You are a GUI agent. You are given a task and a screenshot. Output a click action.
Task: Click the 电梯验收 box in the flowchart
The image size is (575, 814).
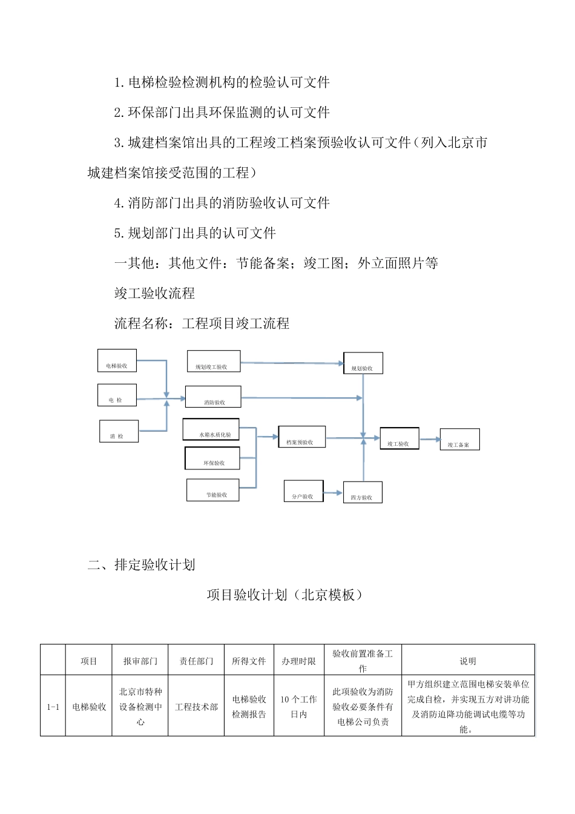click(117, 361)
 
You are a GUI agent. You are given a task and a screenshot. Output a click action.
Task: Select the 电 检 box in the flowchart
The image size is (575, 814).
click(117, 395)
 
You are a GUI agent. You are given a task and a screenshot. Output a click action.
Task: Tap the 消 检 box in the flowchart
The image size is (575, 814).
click(119, 431)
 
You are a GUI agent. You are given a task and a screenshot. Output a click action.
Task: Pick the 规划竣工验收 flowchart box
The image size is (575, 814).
click(214, 362)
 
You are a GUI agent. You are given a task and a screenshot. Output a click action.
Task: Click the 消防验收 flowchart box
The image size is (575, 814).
click(213, 397)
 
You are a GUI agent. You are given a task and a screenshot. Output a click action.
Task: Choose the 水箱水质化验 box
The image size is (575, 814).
click(211, 429)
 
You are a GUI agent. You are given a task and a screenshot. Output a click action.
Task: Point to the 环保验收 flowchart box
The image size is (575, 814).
click(212, 458)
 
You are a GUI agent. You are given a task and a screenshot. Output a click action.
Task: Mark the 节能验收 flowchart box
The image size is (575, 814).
click(213, 490)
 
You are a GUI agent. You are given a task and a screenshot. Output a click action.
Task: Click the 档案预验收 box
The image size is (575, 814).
click(301, 437)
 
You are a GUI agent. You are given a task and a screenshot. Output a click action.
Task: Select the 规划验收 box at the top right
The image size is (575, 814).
click(363, 363)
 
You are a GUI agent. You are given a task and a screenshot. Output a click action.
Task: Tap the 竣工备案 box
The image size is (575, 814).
click(459, 440)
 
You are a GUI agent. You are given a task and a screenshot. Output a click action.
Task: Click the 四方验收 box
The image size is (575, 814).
click(363, 492)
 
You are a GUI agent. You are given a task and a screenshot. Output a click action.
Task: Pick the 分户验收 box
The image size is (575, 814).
click(304, 491)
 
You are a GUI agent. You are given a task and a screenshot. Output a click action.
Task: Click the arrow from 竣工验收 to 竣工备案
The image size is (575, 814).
click(430, 439)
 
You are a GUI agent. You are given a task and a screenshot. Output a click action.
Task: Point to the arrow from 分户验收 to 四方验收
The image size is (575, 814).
click(333, 493)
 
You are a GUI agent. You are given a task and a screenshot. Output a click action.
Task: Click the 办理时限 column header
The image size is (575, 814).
click(299, 661)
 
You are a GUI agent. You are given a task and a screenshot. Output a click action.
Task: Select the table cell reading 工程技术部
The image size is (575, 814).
click(196, 707)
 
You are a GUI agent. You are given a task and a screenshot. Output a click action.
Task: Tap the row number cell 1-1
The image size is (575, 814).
click(53, 707)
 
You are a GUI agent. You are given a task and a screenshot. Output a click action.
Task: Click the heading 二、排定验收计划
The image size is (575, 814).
click(142, 565)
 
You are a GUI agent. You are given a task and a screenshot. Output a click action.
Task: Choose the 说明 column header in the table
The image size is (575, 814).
click(468, 661)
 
